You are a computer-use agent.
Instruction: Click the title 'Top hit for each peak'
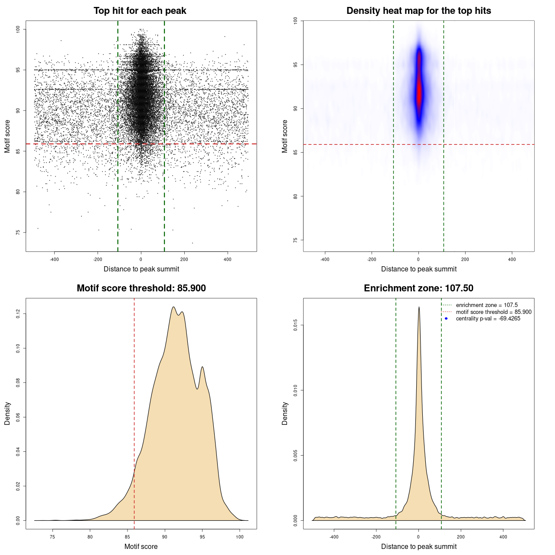click(140, 11)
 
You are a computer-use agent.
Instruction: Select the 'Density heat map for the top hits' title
click(418, 11)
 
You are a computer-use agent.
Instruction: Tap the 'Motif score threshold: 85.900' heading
click(141, 288)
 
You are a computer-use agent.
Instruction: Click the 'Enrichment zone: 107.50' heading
click(418, 288)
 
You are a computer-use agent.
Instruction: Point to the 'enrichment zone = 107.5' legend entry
click(486, 305)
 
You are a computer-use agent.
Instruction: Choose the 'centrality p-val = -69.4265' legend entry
click(488, 319)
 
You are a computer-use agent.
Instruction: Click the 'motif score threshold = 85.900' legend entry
click(493, 312)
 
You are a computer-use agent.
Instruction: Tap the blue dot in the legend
click(446, 319)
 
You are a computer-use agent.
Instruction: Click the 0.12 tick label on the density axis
click(18, 313)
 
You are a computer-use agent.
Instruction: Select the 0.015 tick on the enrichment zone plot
click(295, 325)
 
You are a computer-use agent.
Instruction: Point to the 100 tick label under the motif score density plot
click(240, 537)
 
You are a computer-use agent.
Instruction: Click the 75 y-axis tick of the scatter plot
click(18, 232)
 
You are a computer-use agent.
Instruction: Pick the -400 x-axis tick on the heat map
click(325, 259)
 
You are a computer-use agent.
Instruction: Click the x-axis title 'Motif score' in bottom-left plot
click(141, 546)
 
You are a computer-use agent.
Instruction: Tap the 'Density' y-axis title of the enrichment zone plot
click(285, 413)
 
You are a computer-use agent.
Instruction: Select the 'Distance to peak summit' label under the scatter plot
click(141, 269)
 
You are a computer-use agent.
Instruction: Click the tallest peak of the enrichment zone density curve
click(419, 307)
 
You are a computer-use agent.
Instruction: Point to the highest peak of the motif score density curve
click(173, 307)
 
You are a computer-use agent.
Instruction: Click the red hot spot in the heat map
click(419, 93)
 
